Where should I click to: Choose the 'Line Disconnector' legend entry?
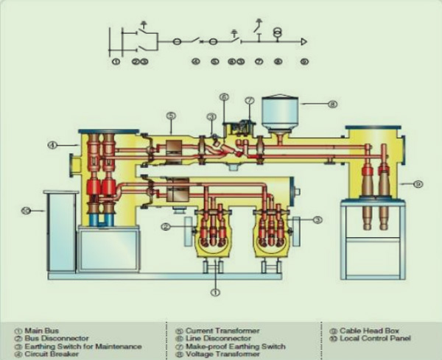click(x=209, y=338)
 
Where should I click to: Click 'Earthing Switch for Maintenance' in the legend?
click(x=66, y=346)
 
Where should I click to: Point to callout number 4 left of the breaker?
click(x=52, y=145)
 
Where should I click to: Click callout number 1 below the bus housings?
click(x=215, y=292)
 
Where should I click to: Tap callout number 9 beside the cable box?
click(x=418, y=183)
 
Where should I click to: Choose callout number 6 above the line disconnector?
click(x=224, y=96)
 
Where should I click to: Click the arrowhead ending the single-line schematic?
click(x=304, y=42)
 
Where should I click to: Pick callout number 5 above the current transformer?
click(x=170, y=115)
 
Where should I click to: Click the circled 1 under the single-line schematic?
click(x=116, y=62)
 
